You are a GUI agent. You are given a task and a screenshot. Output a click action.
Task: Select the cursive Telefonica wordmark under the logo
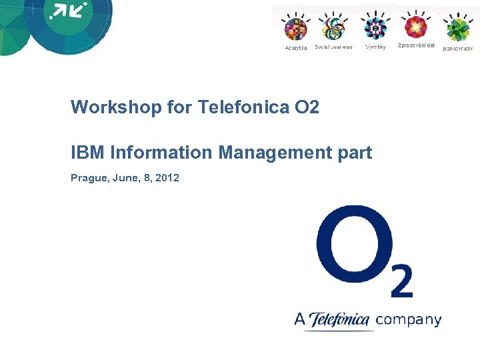click(x=340, y=320)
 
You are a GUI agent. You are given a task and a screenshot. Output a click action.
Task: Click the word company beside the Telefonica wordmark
click(x=409, y=320)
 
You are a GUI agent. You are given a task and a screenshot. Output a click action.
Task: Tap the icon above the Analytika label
click(x=295, y=29)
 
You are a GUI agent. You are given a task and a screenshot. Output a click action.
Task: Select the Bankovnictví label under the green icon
click(x=458, y=48)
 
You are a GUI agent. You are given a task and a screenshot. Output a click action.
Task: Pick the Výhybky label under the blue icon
click(x=375, y=47)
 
